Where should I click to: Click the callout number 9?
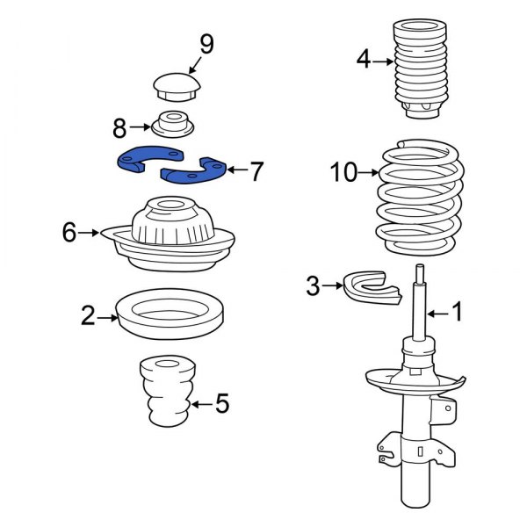pyautogui.click(x=206, y=43)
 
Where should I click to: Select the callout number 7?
pyautogui.click(x=256, y=171)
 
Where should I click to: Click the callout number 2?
pyautogui.click(x=88, y=314)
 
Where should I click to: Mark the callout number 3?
pyautogui.click(x=313, y=285)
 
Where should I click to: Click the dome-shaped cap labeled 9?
pyautogui.click(x=177, y=86)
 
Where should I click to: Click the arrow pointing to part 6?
pyautogui.click(x=91, y=233)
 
